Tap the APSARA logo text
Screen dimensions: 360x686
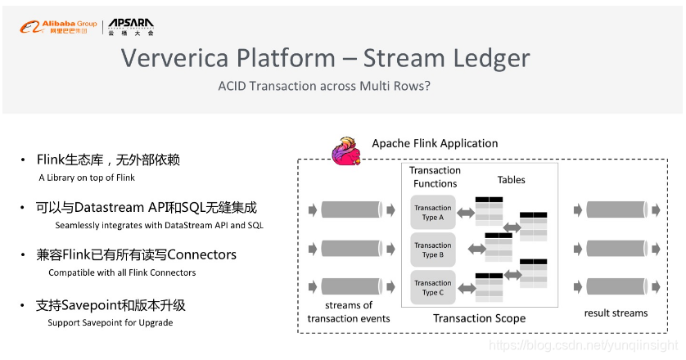coord(131,24)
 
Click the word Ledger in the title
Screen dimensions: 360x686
coord(486,58)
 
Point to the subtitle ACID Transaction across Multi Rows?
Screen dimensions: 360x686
coord(324,86)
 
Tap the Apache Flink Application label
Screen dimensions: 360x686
coord(435,143)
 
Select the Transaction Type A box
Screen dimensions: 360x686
coord(433,212)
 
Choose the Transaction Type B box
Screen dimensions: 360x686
coord(433,250)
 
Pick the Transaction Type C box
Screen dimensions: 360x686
coord(433,287)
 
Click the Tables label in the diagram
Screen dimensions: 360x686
coord(512,180)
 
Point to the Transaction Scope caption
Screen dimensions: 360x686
coord(479,318)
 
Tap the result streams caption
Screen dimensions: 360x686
coord(616,313)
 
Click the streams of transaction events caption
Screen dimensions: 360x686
coord(349,312)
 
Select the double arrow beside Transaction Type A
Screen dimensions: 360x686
coord(466,213)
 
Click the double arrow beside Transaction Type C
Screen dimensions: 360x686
coord(466,287)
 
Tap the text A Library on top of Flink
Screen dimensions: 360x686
coord(87,178)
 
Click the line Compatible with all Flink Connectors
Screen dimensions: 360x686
coord(122,272)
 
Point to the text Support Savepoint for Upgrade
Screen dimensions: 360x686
coord(110,322)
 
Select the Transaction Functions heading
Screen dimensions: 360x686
coord(435,177)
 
